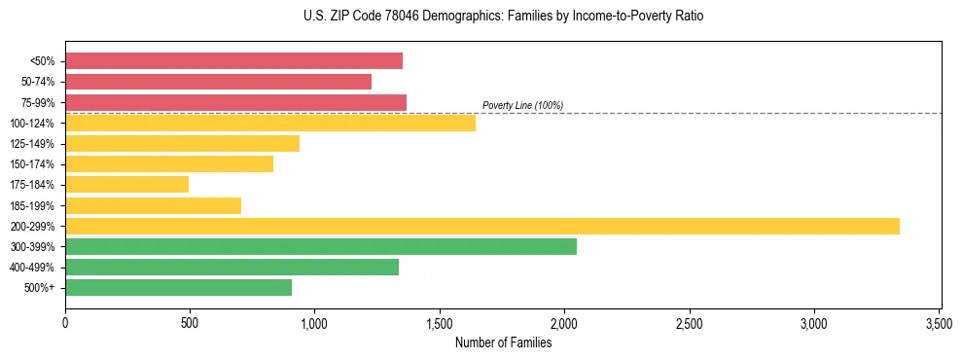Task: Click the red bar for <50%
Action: (x=233, y=61)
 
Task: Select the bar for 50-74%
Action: (x=218, y=82)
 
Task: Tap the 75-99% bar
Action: (x=235, y=102)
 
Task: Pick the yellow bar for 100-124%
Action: (x=270, y=123)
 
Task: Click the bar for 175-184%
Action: (x=126, y=185)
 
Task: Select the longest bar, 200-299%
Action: (x=481, y=226)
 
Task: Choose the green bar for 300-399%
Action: (x=321, y=246)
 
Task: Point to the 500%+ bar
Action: (x=178, y=287)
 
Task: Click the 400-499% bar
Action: (x=232, y=267)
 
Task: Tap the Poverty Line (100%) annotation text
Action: (x=522, y=105)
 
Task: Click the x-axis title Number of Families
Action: (x=503, y=342)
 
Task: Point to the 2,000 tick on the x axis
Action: (x=564, y=322)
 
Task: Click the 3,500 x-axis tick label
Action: (x=939, y=322)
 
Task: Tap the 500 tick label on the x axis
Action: (x=190, y=322)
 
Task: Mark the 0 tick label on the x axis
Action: (x=65, y=322)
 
